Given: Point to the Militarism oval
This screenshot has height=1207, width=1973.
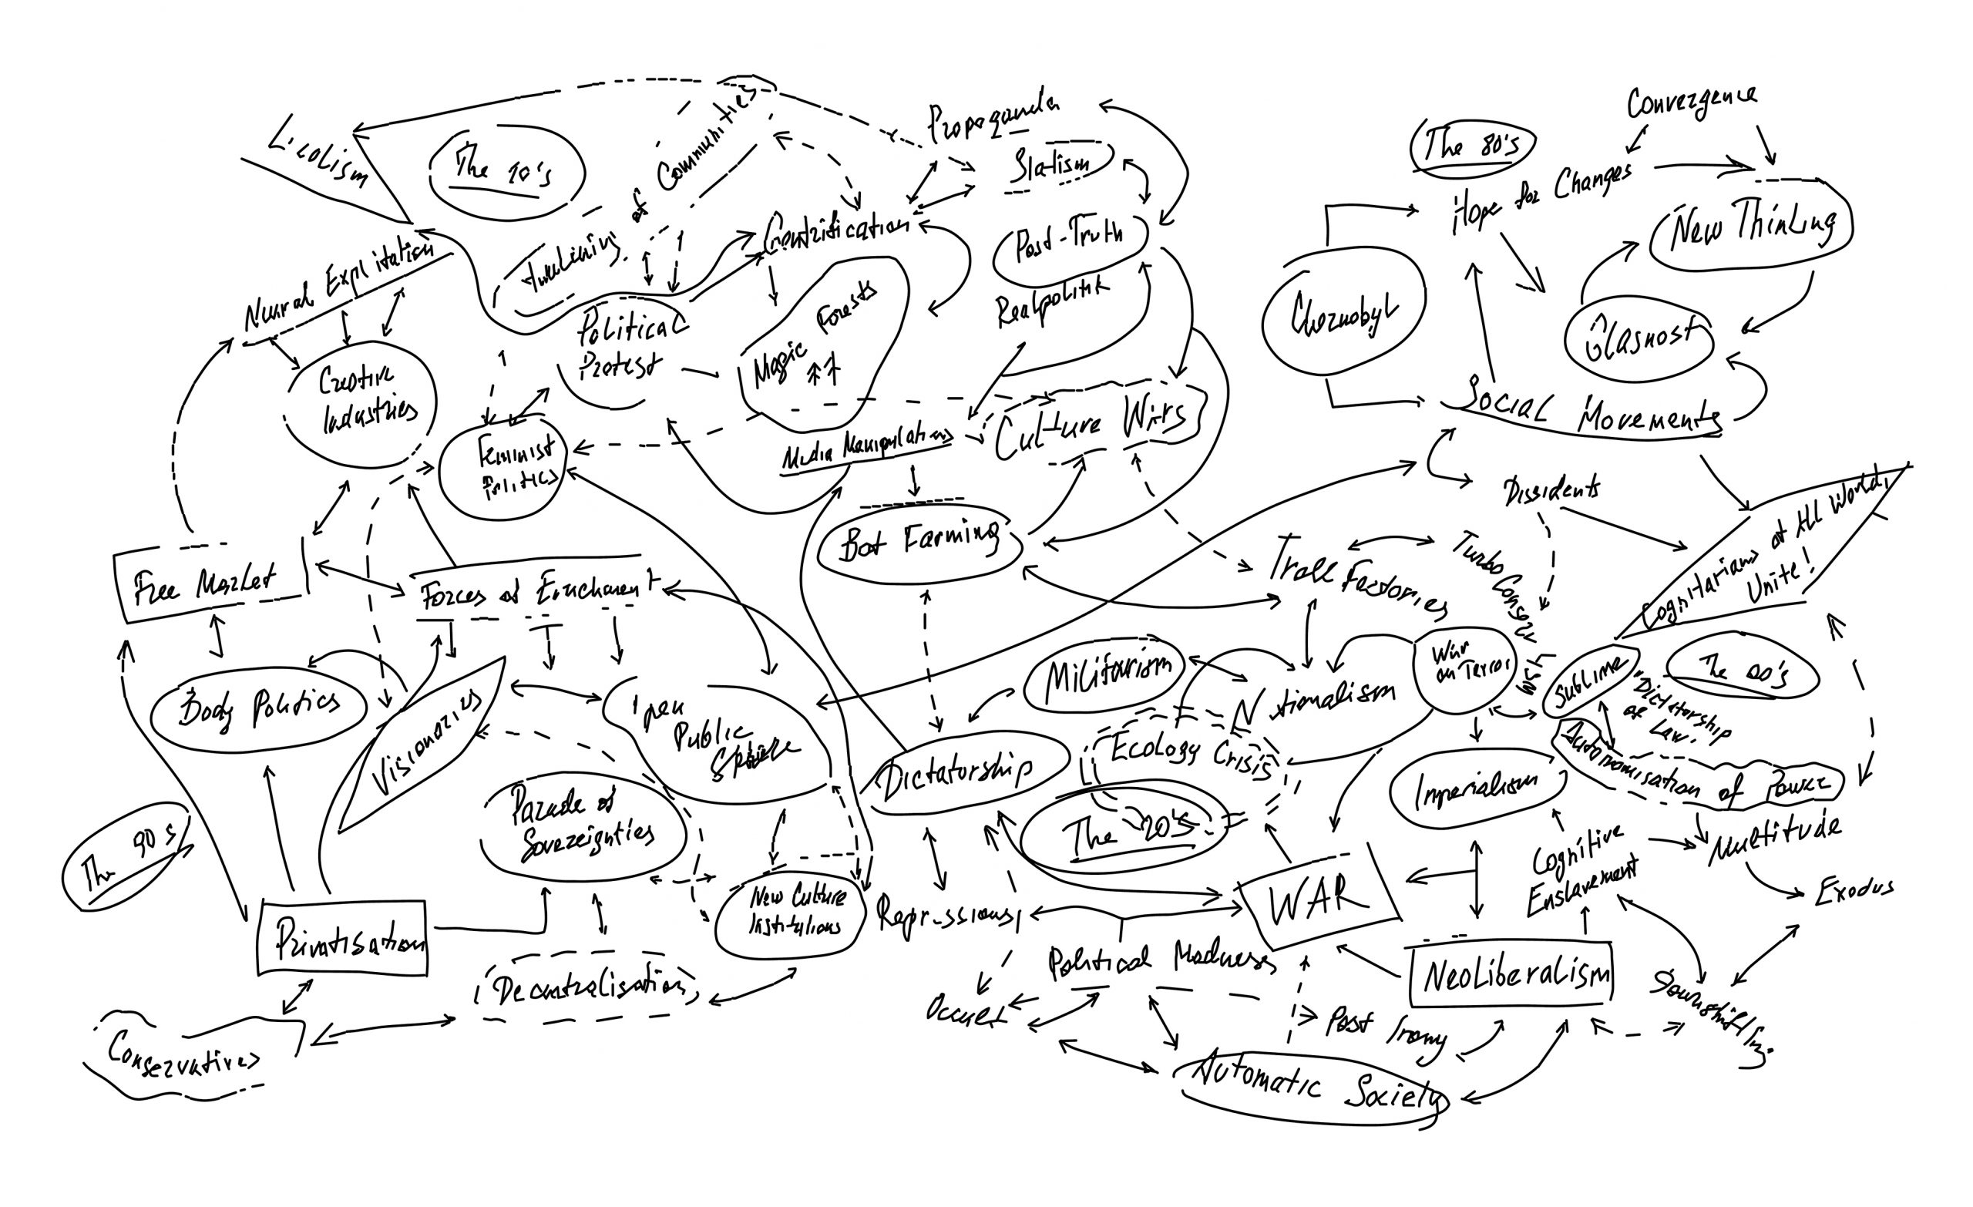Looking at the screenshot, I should pyautogui.click(x=1105, y=674).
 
